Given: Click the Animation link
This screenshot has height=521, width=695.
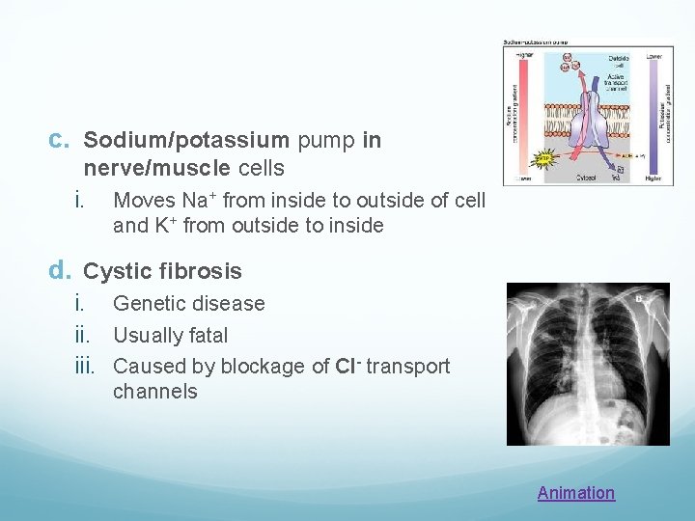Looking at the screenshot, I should click(x=575, y=493).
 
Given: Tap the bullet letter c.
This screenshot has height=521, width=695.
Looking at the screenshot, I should click(x=58, y=141).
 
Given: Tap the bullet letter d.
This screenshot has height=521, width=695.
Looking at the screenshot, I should click(x=59, y=271).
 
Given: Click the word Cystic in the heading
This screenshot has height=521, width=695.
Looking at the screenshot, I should click(x=116, y=271).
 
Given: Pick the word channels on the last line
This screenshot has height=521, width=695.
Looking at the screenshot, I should click(x=154, y=392).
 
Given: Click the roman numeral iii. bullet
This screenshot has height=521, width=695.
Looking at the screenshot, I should click(x=88, y=367).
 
